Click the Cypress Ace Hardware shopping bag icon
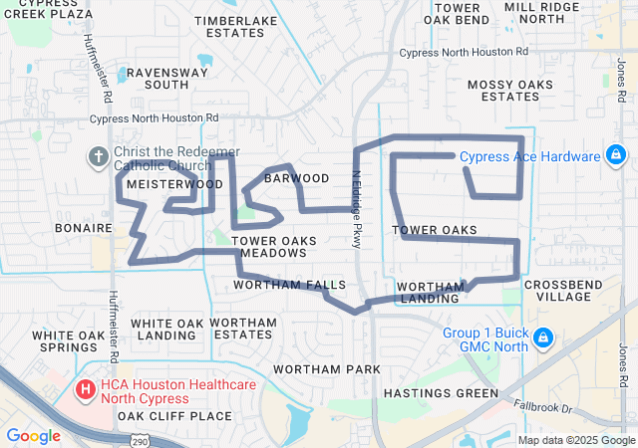coord(616,155)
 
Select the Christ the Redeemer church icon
coord(98,155)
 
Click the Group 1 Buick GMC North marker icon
coord(543,338)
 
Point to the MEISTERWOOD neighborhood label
coord(173,184)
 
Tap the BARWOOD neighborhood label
coord(296,178)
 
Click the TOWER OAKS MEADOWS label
coord(273,247)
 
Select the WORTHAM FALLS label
coord(289,285)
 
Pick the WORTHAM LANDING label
coord(431,293)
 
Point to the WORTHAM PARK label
coord(326,369)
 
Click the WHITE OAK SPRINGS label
coord(68,341)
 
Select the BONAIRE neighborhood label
coord(77,228)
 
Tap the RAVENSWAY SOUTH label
coord(153,79)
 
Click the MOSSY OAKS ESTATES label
coord(509,90)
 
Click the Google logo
coord(33,435)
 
